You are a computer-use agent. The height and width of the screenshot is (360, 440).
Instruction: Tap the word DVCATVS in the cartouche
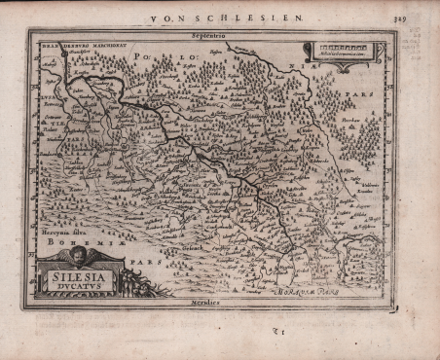click(x=78, y=288)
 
